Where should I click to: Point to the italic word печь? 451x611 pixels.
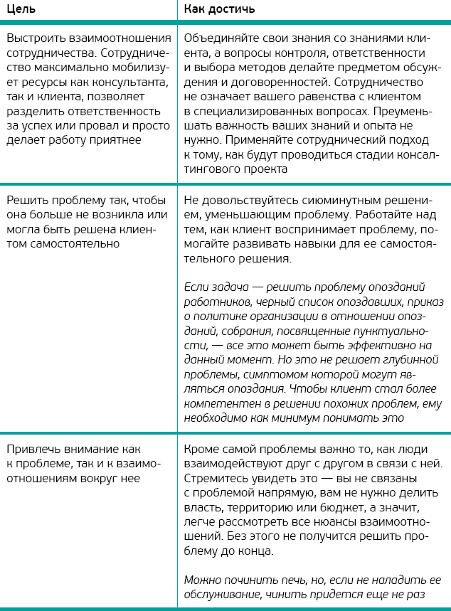281,580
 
